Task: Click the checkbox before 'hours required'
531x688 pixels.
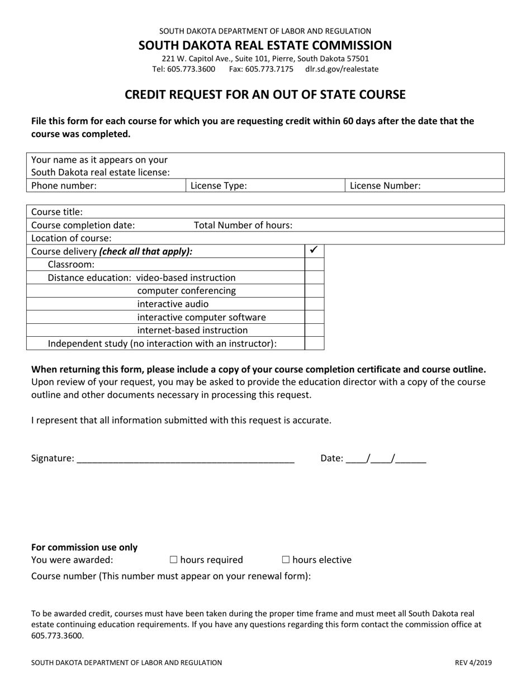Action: (x=173, y=560)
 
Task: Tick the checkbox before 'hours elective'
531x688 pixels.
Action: (x=286, y=560)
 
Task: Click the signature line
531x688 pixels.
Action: (x=185, y=459)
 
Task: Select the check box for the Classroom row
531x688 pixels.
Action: (x=314, y=264)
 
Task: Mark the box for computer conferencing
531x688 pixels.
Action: (x=314, y=291)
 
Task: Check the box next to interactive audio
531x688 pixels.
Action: (x=314, y=304)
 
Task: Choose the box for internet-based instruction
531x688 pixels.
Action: (x=314, y=331)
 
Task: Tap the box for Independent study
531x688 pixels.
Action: (x=314, y=343)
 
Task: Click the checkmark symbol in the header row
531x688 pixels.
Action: (x=314, y=251)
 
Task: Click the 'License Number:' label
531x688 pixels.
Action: (x=385, y=186)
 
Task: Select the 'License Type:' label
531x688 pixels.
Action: (x=219, y=186)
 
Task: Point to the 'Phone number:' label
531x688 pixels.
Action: (x=64, y=186)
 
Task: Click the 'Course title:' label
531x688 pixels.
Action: (x=57, y=212)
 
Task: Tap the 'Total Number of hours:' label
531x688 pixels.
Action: (x=243, y=225)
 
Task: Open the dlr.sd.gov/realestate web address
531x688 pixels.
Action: (x=342, y=69)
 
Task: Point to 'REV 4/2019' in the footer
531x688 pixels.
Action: (x=473, y=663)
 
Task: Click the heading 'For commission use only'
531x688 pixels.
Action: (x=84, y=548)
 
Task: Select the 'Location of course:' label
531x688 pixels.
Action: (x=72, y=238)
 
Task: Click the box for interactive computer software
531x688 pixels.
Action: (x=314, y=317)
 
